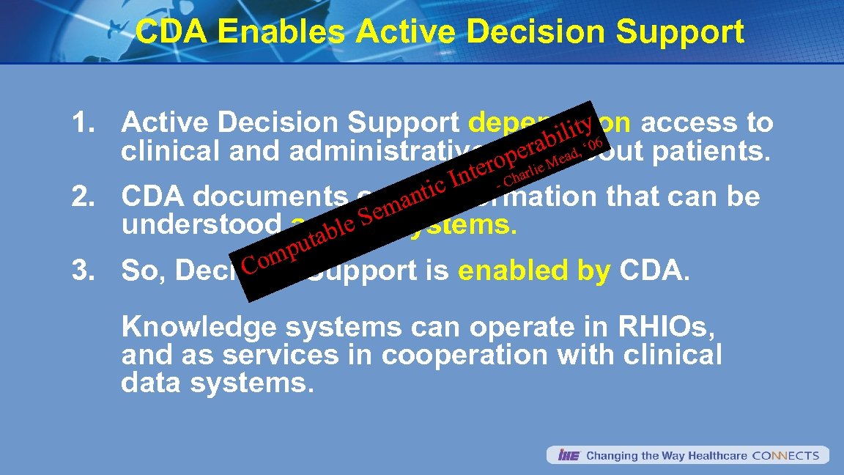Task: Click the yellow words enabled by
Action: tap(534, 271)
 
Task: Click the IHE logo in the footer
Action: tap(569, 455)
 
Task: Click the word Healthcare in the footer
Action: tap(718, 455)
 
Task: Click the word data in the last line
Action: tap(148, 383)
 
